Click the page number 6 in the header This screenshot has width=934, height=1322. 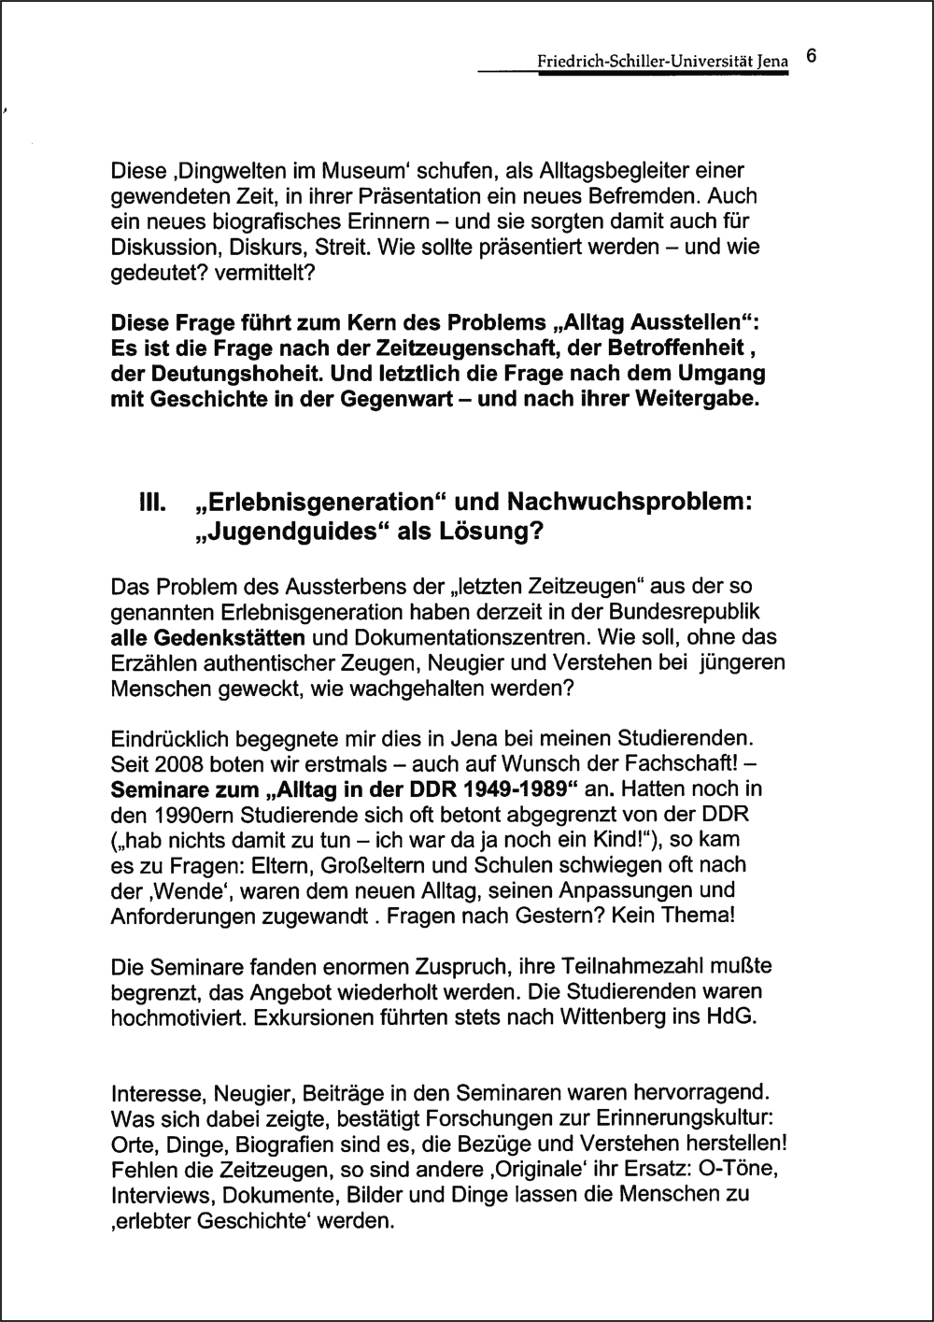812,56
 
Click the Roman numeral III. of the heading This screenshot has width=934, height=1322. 152,502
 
